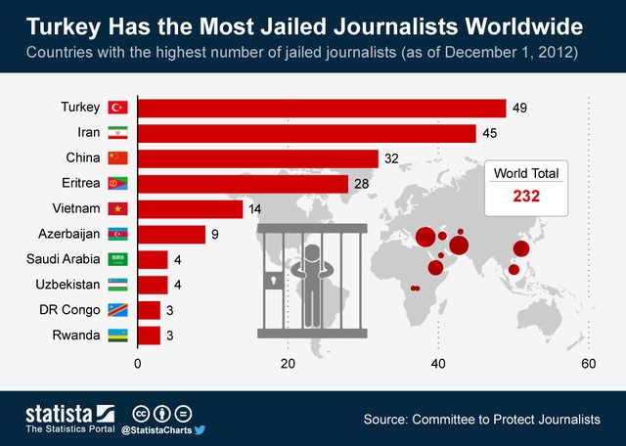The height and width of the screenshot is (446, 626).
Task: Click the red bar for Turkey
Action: (322, 108)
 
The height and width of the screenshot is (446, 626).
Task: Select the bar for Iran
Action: (306, 133)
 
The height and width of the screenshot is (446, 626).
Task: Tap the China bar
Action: (257, 158)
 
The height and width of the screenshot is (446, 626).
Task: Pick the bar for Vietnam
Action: (190, 208)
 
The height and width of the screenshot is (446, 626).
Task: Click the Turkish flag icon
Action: (118, 108)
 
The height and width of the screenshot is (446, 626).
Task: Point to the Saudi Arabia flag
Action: (118, 259)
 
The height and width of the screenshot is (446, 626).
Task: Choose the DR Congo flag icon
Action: (118, 310)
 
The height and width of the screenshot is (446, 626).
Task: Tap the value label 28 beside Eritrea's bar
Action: (362, 184)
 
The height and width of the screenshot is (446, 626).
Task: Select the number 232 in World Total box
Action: (526, 196)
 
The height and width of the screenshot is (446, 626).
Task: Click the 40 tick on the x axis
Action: (438, 364)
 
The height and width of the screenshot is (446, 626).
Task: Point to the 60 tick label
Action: (589, 364)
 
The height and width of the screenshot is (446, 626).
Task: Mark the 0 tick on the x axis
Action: (138, 364)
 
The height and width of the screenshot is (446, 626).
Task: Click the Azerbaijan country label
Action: (67, 234)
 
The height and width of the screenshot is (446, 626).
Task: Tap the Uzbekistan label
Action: (66, 285)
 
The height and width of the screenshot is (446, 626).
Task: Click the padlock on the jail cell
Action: (271, 282)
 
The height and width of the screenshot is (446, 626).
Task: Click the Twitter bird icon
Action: (199, 428)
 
